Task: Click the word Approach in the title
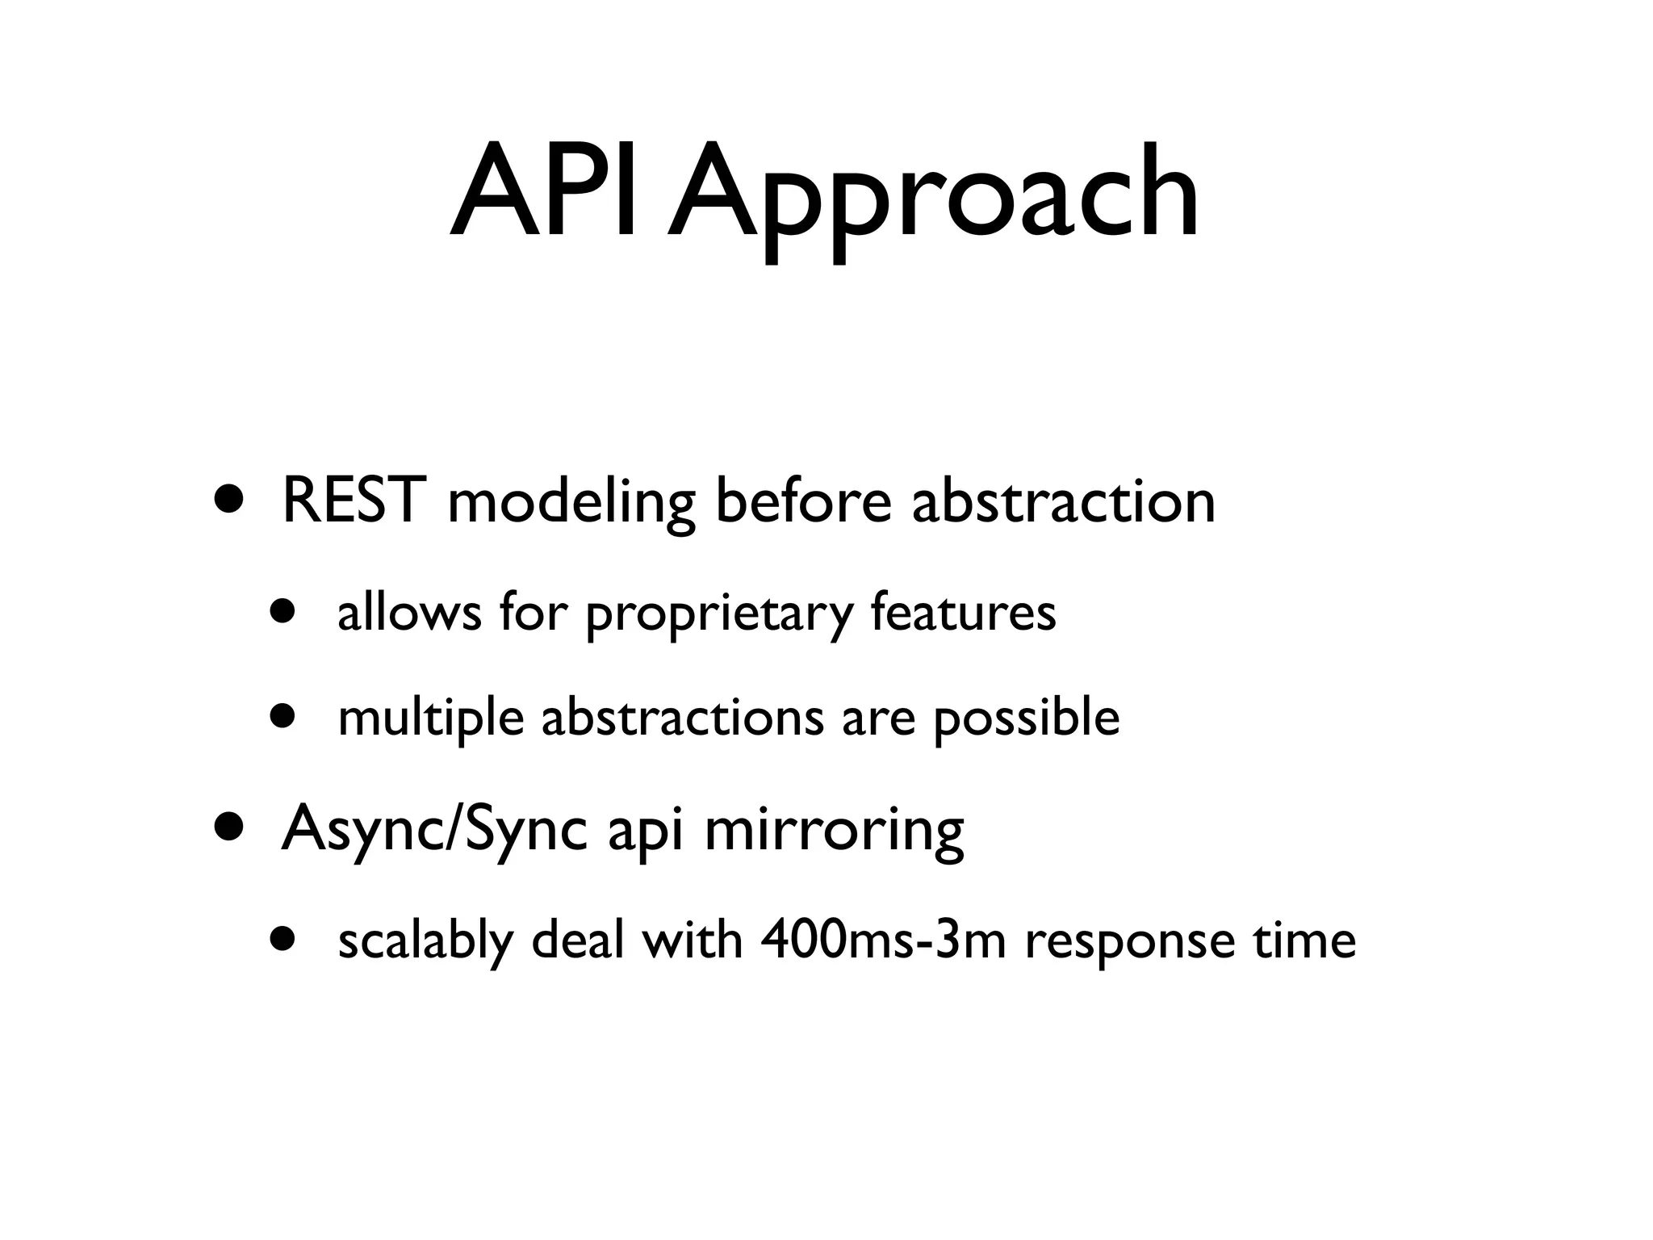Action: pos(933,198)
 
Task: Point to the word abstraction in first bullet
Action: pos(1063,502)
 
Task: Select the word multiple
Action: pos(430,718)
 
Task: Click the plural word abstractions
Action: pos(682,717)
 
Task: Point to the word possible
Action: pos(1027,718)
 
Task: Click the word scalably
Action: pos(425,943)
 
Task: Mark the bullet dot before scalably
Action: pos(284,939)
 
